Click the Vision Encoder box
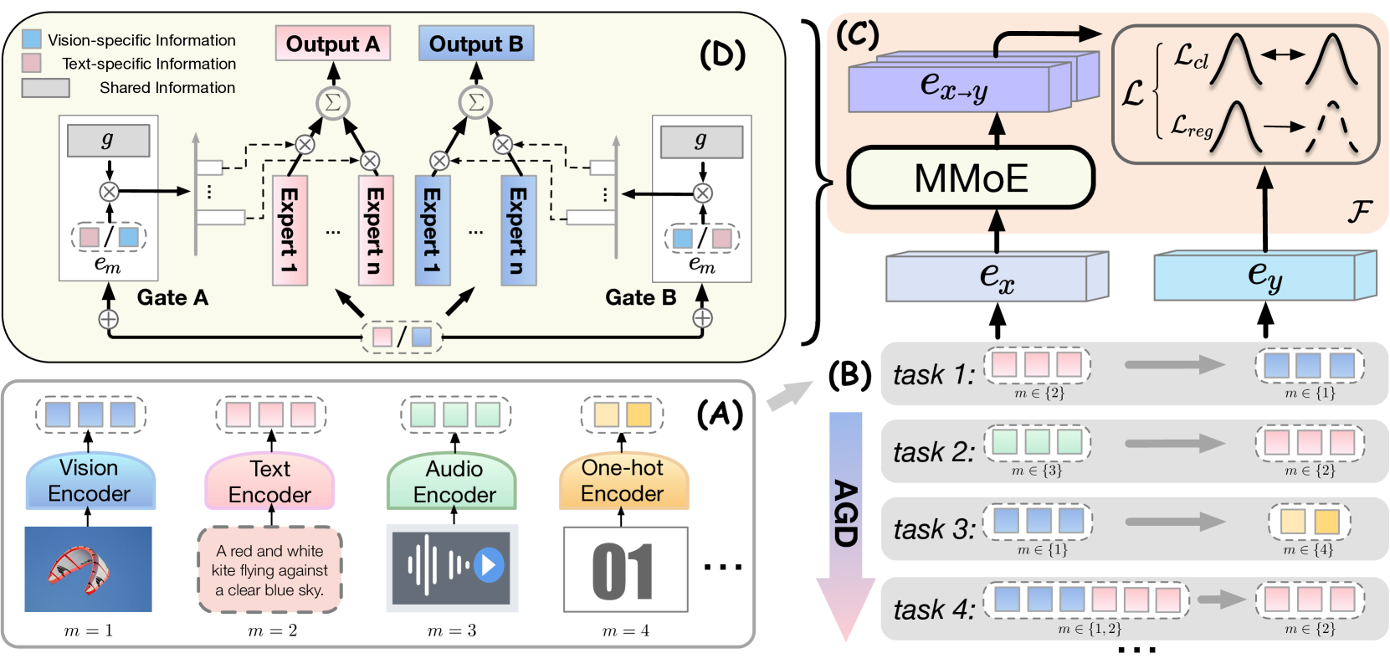(90, 481)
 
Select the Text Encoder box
(269, 481)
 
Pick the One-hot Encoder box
(623, 481)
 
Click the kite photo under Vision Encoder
(88, 569)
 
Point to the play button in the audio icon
(490, 565)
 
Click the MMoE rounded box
(971, 178)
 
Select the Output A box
(332, 44)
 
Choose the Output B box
(476, 44)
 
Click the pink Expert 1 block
(290, 230)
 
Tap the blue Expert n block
(518, 230)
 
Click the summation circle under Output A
(332, 103)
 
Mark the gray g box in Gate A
(108, 141)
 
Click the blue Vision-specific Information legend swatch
(32, 39)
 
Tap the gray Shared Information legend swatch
(45, 87)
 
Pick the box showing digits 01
(625, 570)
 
